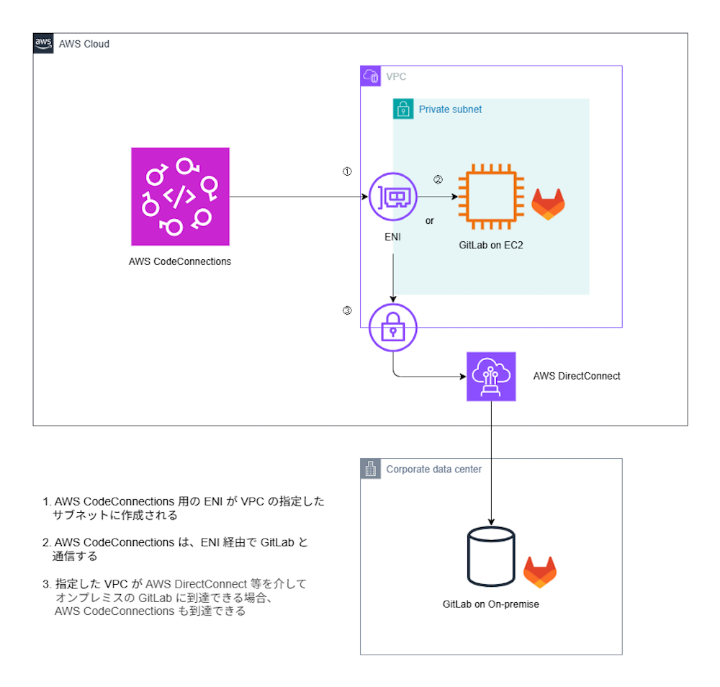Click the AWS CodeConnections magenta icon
180,197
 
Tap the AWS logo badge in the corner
43,43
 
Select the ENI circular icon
393,197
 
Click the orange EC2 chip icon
491,197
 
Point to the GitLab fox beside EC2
548,205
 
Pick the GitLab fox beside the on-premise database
540,572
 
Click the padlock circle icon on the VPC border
393,328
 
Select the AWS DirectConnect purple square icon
491,377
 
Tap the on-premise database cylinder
491,556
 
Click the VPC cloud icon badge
371,76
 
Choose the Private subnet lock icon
403,109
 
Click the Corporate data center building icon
371,468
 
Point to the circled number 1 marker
347,171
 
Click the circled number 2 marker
438,179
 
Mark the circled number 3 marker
347,310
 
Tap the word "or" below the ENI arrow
429,221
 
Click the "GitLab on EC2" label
491,246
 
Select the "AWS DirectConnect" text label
577,376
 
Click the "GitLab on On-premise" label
491,604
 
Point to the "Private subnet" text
450,109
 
